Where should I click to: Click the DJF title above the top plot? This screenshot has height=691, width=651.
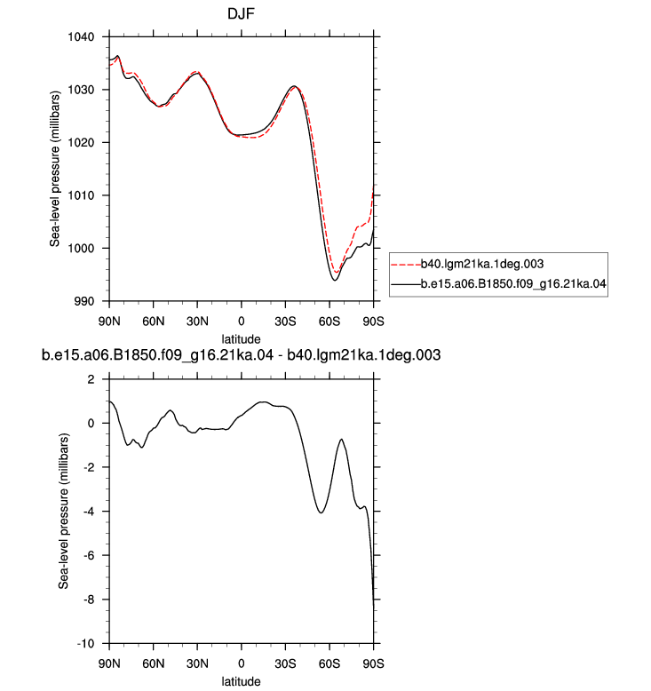(241, 13)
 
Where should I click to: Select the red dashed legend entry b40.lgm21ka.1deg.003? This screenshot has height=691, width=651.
(468, 264)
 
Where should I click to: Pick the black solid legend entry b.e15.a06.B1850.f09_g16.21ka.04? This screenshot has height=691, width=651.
(499, 284)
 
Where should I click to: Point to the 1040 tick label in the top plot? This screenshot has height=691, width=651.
(81, 37)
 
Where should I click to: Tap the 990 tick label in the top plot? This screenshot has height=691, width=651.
(84, 301)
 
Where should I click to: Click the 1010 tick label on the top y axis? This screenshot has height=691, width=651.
(81, 195)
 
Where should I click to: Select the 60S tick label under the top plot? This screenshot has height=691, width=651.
(329, 322)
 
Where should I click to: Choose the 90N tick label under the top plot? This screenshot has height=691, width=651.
(109, 322)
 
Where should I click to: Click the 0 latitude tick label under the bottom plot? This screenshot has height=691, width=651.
(241, 663)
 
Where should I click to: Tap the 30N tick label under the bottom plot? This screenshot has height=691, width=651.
(197, 663)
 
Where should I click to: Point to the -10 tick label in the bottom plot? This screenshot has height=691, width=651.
(85, 644)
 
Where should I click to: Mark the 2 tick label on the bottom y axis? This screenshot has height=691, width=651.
(91, 379)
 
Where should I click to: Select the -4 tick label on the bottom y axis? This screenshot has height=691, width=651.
(89, 512)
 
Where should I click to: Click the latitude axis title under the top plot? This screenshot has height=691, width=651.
(241, 339)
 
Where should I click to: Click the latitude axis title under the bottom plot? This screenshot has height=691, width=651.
(241, 681)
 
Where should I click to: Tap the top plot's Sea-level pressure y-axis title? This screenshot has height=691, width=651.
(55, 169)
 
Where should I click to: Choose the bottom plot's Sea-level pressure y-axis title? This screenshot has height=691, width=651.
(64, 512)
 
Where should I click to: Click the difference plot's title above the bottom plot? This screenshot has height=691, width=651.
(241, 355)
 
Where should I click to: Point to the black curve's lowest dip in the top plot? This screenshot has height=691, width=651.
(335, 281)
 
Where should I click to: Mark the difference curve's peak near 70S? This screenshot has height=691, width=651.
(341, 440)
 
